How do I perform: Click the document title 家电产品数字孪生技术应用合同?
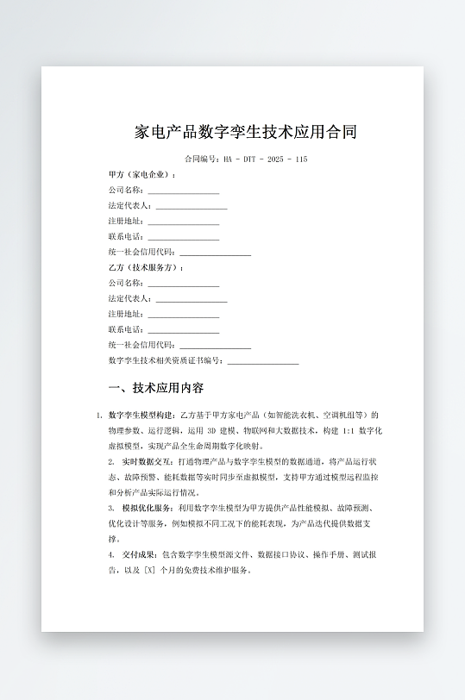click(x=246, y=132)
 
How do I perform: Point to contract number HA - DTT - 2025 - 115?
click(x=265, y=159)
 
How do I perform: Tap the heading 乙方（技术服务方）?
click(x=146, y=267)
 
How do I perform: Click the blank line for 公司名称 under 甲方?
click(x=183, y=191)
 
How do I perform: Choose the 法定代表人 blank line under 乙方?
click(x=192, y=299)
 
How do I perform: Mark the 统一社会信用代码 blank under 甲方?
click(x=215, y=253)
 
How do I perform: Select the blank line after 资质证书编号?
click(x=262, y=361)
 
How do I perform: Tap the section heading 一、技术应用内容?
click(x=156, y=388)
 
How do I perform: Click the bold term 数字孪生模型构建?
click(x=141, y=415)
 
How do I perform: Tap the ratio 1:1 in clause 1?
click(x=348, y=430)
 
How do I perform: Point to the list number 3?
click(x=111, y=509)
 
